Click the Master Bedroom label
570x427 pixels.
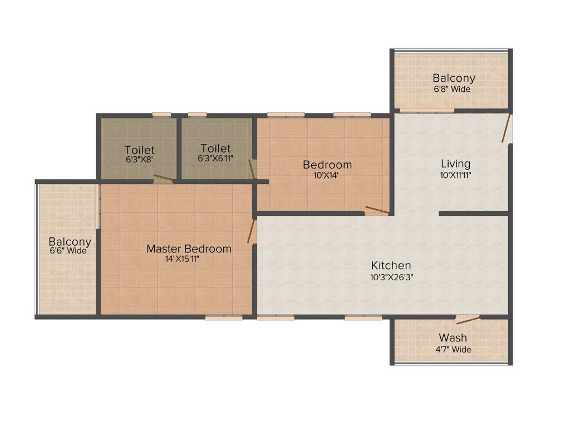[x=189, y=249]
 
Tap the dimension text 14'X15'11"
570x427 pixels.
[x=183, y=259]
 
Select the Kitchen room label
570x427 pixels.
[x=391, y=265]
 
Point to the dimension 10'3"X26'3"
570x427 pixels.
[x=391, y=276]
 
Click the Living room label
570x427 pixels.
[x=455, y=163]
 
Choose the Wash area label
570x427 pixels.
[x=453, y=337]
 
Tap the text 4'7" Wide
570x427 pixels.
[x=453, y=349]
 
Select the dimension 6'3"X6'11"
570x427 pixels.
[x=215, y=158]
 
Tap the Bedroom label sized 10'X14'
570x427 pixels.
[x=327, y=165]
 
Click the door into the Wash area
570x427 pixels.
[x=468, y=319]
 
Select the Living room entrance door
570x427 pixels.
[x=506, y=129]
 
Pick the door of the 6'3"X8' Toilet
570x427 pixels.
[x=164, y=178]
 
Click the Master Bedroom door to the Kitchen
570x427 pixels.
[x=252, y=231]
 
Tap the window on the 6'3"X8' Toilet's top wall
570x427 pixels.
[x=161, y=115]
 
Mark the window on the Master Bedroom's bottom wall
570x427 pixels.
[x=223, y=317]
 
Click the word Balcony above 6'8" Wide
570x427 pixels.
[x=454, y=78]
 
